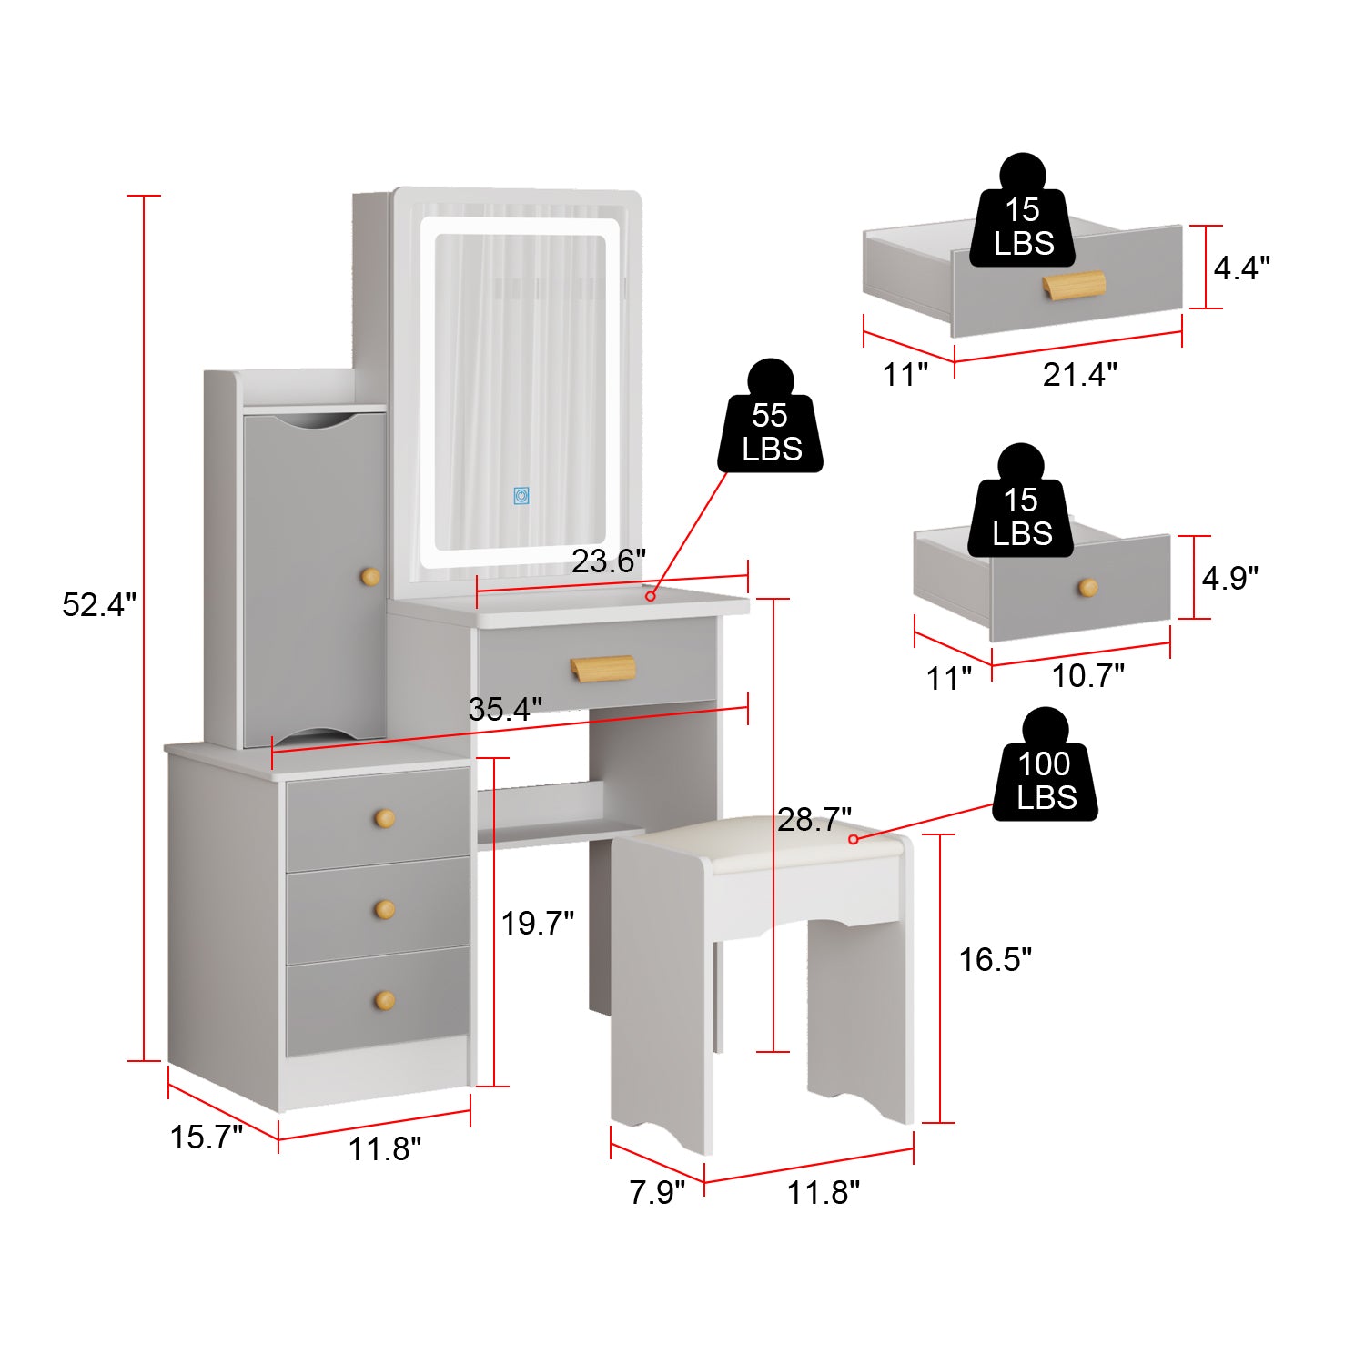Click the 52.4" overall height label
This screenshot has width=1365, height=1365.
tap(98, 604)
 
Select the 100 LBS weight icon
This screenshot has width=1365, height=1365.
tap(1046, 773)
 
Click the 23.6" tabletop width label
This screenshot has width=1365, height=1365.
tap(608, 561)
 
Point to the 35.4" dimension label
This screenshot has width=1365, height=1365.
tap(505, 709)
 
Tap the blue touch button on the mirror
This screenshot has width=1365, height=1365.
tap(521, 495)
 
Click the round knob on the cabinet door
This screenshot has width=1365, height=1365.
tap(370, 577)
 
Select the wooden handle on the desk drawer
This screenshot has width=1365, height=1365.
tap(602, 667)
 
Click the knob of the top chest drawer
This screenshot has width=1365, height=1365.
tap(385, 818)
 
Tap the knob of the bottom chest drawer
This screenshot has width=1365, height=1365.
tap(385, 1001)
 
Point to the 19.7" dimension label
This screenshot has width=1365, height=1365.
tap(537, 923)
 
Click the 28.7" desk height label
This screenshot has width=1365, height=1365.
tap(814, 819)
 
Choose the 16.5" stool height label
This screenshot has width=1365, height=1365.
tap(995, 959)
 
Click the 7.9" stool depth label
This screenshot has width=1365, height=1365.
tap(656, 1192)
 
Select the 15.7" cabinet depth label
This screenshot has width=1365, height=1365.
tap(207, 1137)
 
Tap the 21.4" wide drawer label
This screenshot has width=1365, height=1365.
tap(1079, 374)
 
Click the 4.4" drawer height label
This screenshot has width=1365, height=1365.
tap(1241, 268)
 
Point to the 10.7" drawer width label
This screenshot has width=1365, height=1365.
tap(1087, 675)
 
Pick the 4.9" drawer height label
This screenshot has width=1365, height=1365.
tap(1229, 577)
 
